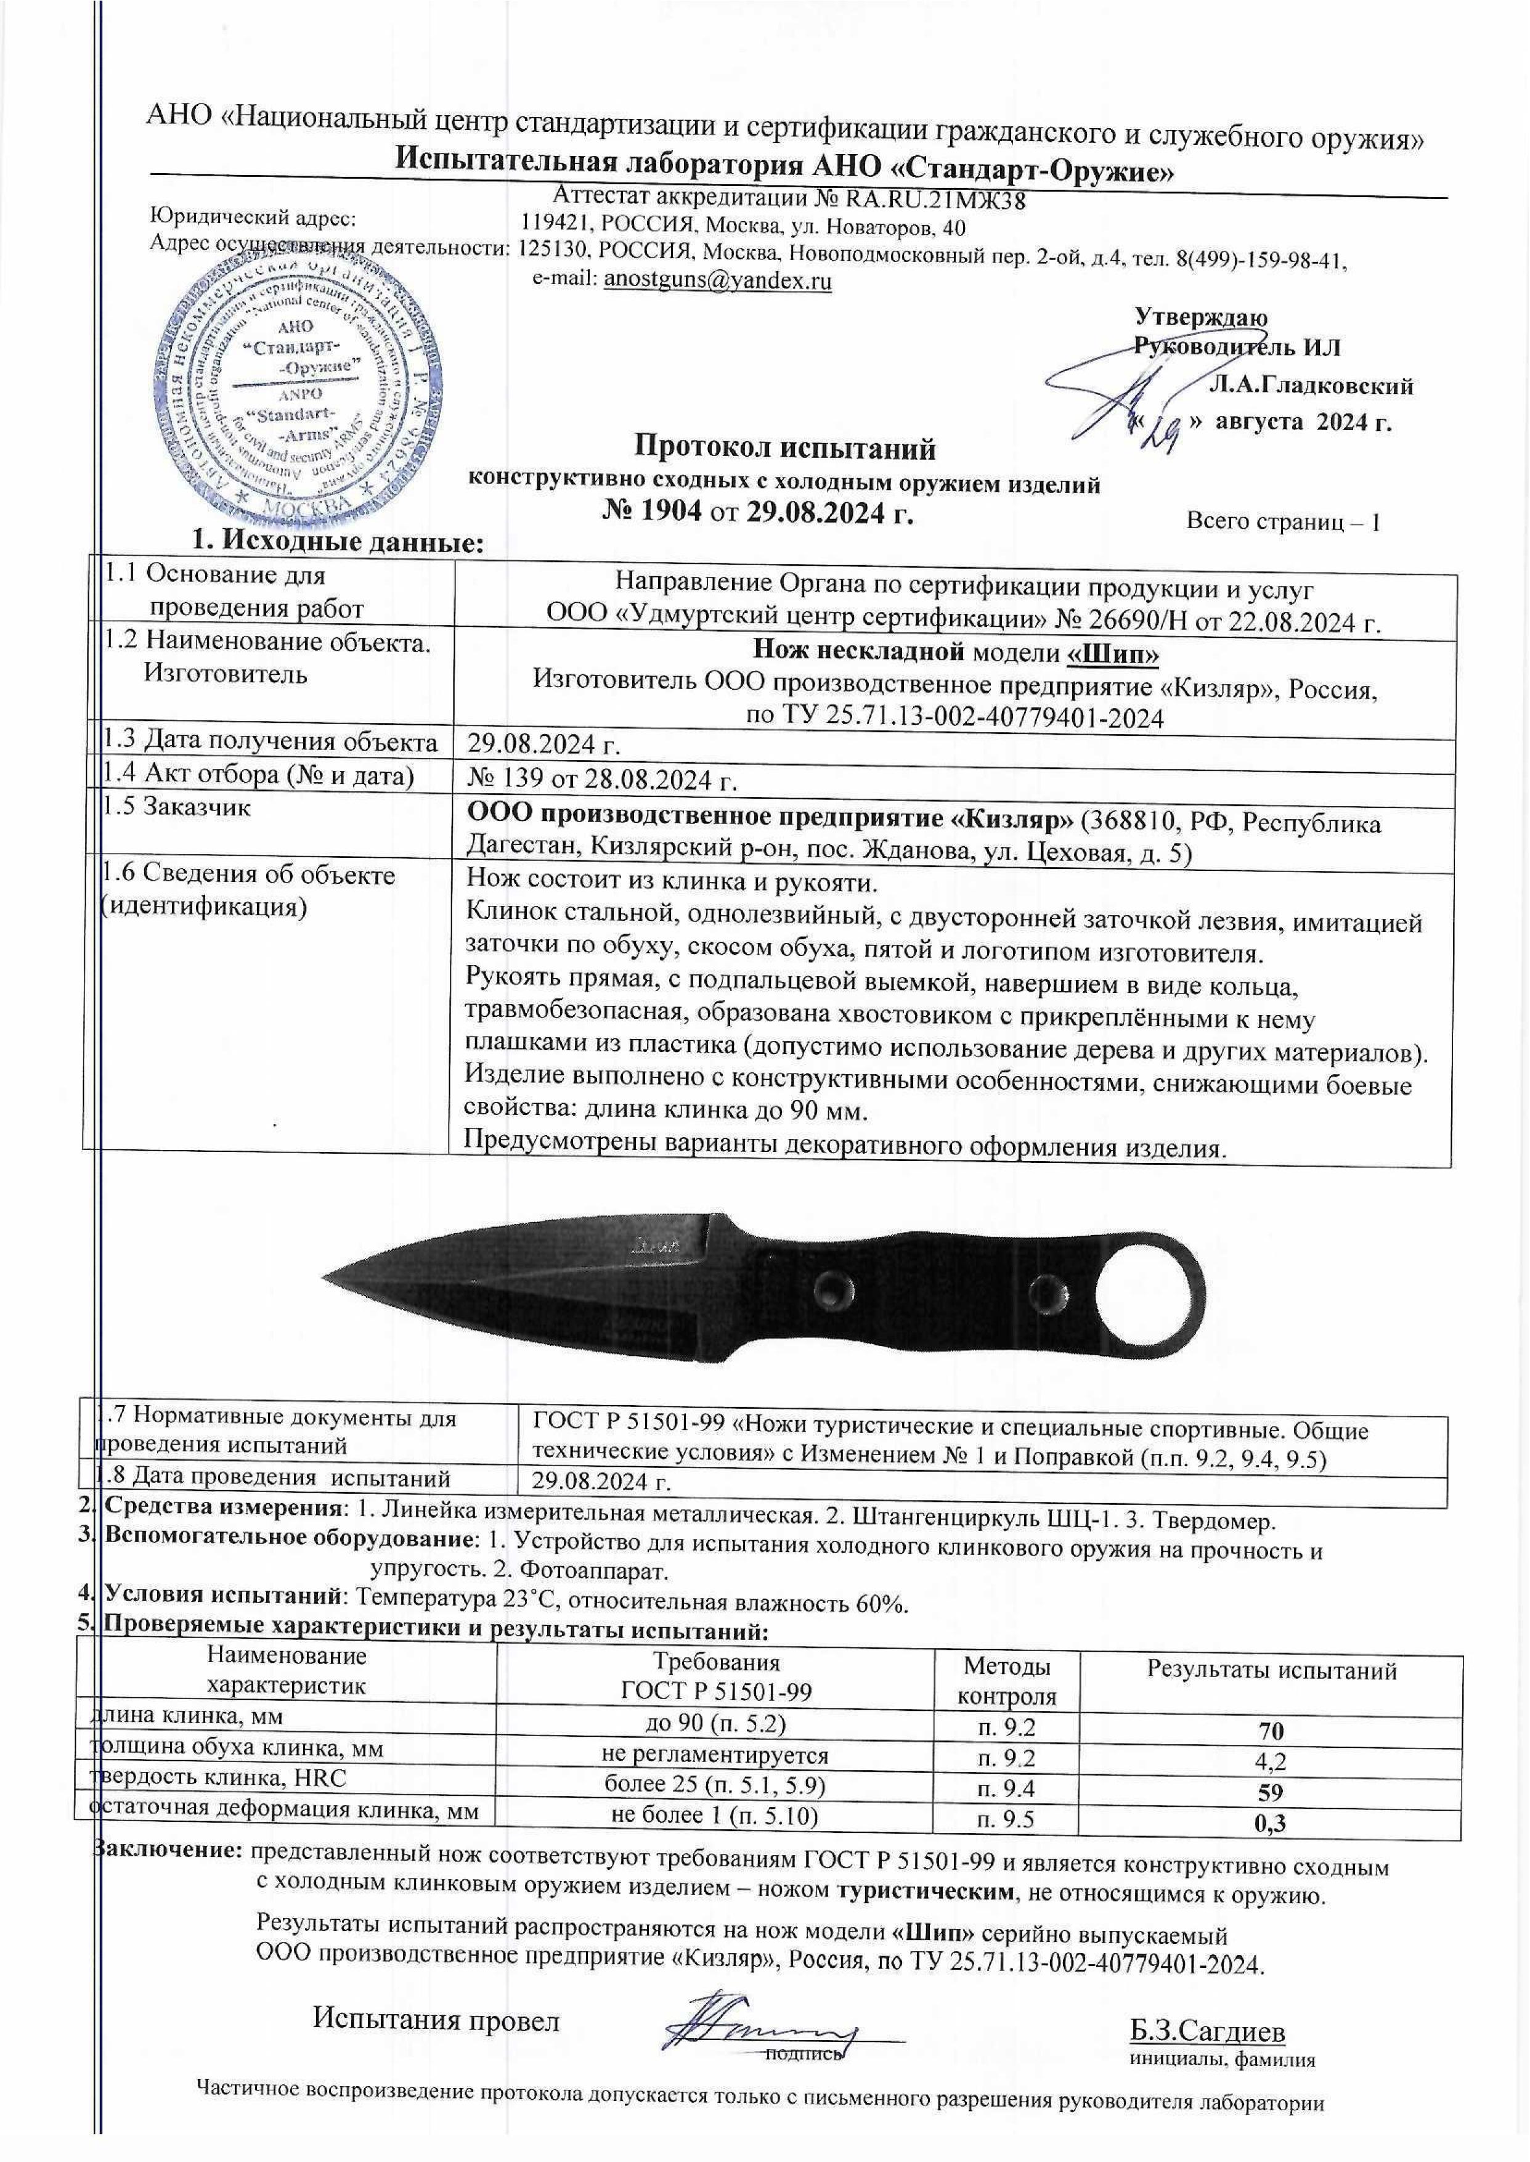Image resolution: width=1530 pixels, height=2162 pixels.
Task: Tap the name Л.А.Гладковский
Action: (x=1311, y=385)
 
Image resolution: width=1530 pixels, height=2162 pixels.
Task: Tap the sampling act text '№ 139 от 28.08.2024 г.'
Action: (x=601, y=781)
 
